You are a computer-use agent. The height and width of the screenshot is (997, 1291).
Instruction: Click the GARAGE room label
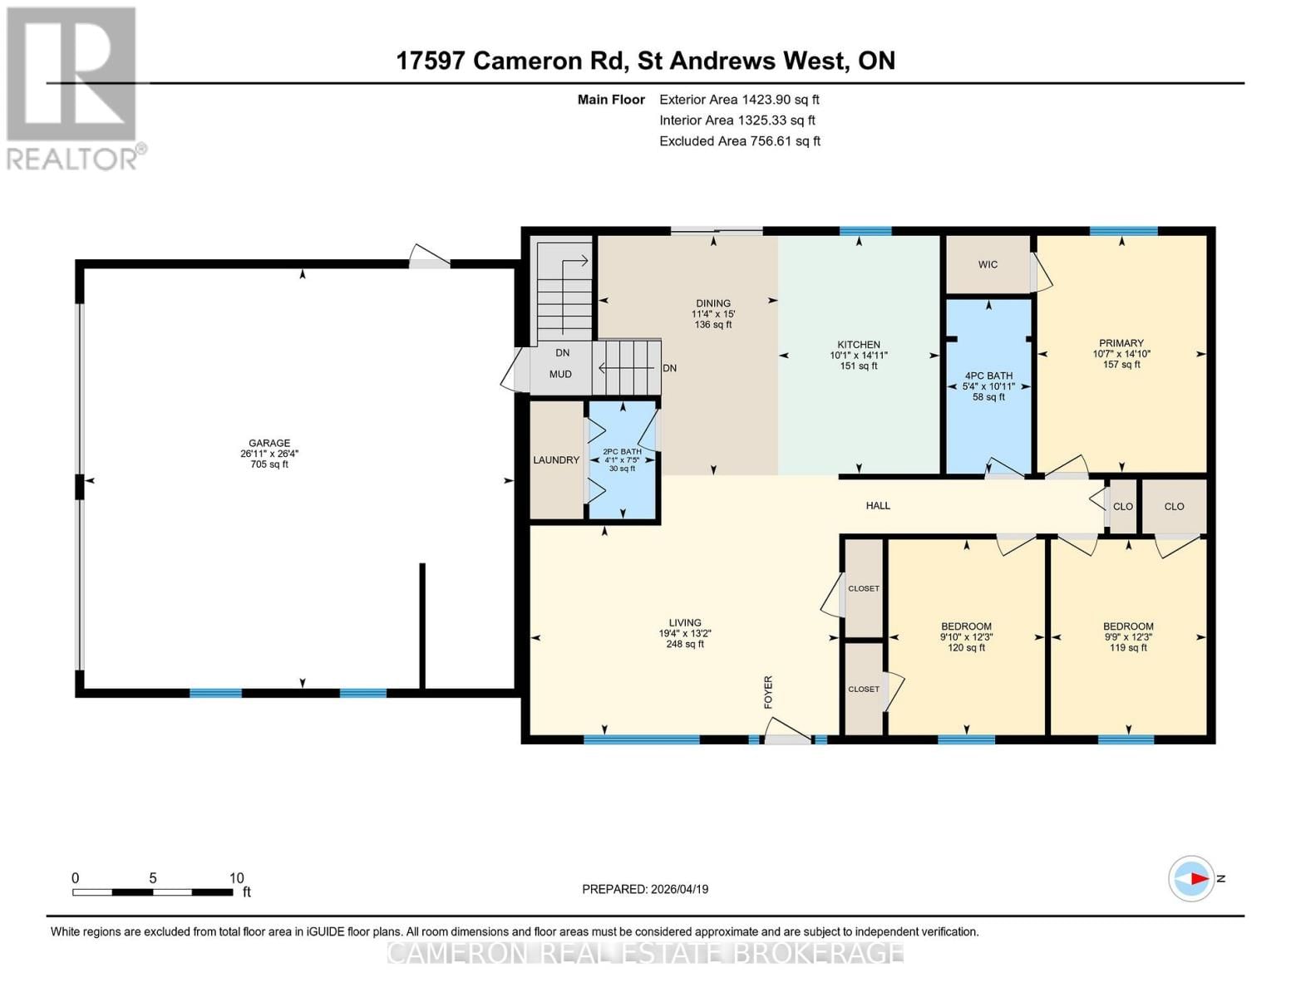click(x=269, y=443)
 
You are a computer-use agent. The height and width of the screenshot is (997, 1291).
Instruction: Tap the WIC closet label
click(x=988, y=264)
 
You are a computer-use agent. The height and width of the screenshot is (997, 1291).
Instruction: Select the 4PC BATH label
click(x=988, y=376)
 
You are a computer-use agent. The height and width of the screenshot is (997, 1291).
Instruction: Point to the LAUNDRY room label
click(x=556, y=459)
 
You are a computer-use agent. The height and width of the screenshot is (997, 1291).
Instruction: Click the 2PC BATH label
click(x=622, y=451)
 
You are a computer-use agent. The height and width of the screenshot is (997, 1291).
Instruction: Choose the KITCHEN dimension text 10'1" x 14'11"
click(x=859, y=355)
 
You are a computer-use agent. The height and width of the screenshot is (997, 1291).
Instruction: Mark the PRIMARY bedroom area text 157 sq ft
click(x=1121, y=365)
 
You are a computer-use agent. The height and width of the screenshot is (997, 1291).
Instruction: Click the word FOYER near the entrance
click(x=768, y=692)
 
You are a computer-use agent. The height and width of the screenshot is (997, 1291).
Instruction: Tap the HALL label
click(x=878, y=505)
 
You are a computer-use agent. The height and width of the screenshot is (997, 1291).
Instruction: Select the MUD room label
click(x=560, y=374)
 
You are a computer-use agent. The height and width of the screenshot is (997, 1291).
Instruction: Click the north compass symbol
click(x=1192, y=878)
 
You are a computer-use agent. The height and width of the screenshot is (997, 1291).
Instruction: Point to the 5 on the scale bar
click(x=153, y=878)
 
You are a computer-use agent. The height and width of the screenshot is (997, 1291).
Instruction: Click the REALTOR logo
click(x=72, y=87)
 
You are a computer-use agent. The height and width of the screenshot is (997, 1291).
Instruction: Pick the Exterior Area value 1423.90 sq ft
click(x=780, y=99)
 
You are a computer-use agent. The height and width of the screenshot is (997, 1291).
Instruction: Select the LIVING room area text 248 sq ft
click(x=685, y=644)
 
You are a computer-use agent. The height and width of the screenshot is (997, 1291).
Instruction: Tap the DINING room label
click(x=713, y=303)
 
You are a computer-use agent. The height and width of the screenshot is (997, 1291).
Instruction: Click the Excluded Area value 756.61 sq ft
click(x=785, y=141)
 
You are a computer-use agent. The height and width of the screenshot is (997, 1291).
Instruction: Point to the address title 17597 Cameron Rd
click(x=512, y=61)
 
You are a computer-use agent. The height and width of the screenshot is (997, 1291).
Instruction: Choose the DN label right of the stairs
click(x=669, y=368)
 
